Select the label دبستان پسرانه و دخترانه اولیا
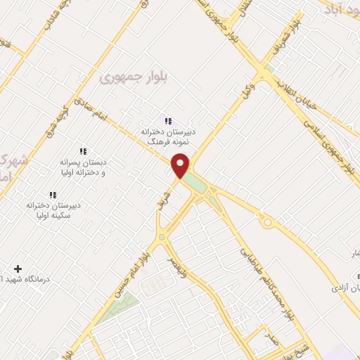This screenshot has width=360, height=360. pyautogui.click(x=83, y=167)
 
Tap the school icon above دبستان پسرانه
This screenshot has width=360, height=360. pyautogui.click(x=83, y=151)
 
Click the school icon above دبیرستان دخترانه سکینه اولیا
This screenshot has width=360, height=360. pyautogui.click(x=52, y=195)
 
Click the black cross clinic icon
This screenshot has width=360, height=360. pyautogui.click(x=18, y=269)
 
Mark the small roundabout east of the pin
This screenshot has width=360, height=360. pyautogui.click(x=267, y=222)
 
